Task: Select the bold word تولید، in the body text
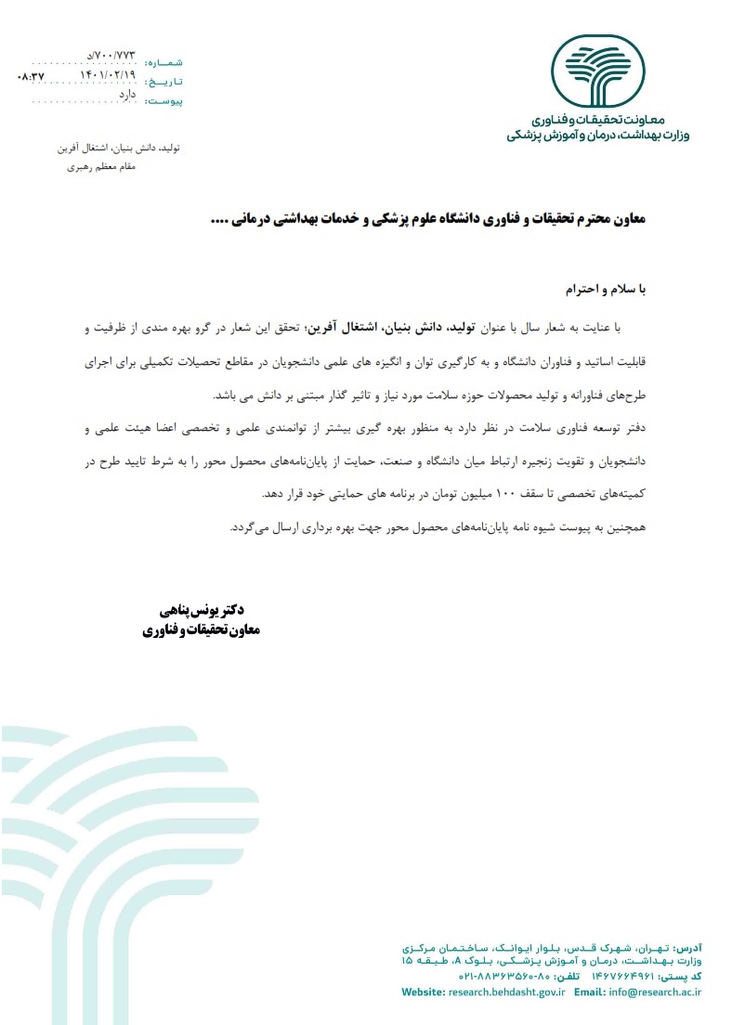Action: click(x=482, y=327)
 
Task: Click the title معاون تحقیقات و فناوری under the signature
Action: click(x=203, y=629)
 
